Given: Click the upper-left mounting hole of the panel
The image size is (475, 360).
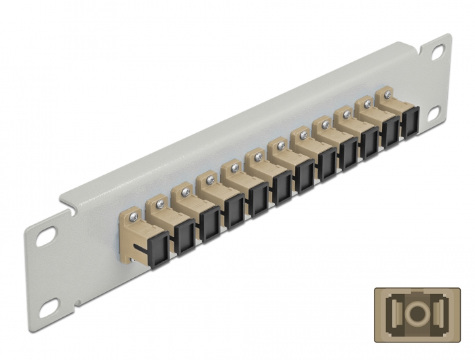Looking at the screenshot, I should [x=46, y=239].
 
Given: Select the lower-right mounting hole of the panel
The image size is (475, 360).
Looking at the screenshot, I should [x=433, y=113].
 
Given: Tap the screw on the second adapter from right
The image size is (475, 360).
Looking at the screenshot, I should [x=367, y=104].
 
